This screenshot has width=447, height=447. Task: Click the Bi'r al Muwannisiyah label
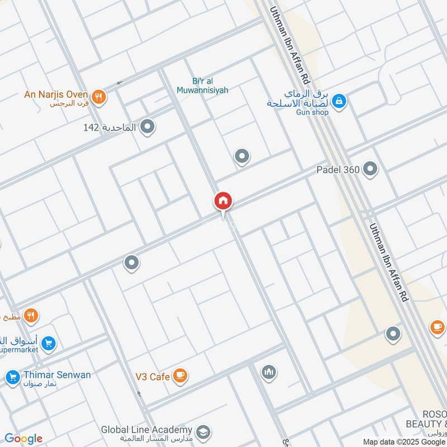click(x=202, y=85)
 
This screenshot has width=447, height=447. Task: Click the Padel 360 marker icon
click(x=370, y=168)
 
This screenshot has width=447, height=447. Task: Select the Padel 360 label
click(x=337, y=169)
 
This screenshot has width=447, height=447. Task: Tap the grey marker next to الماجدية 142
click(x=147, y=127)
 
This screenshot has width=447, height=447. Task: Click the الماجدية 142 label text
click(x=110, y=127)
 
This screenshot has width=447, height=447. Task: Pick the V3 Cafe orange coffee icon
click(x=179, y=375)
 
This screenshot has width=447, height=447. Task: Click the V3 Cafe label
click(x=152, y=377)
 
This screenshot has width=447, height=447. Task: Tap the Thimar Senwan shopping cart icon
click(x=12, y=378)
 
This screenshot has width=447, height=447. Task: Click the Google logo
click(x=23, y=439)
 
